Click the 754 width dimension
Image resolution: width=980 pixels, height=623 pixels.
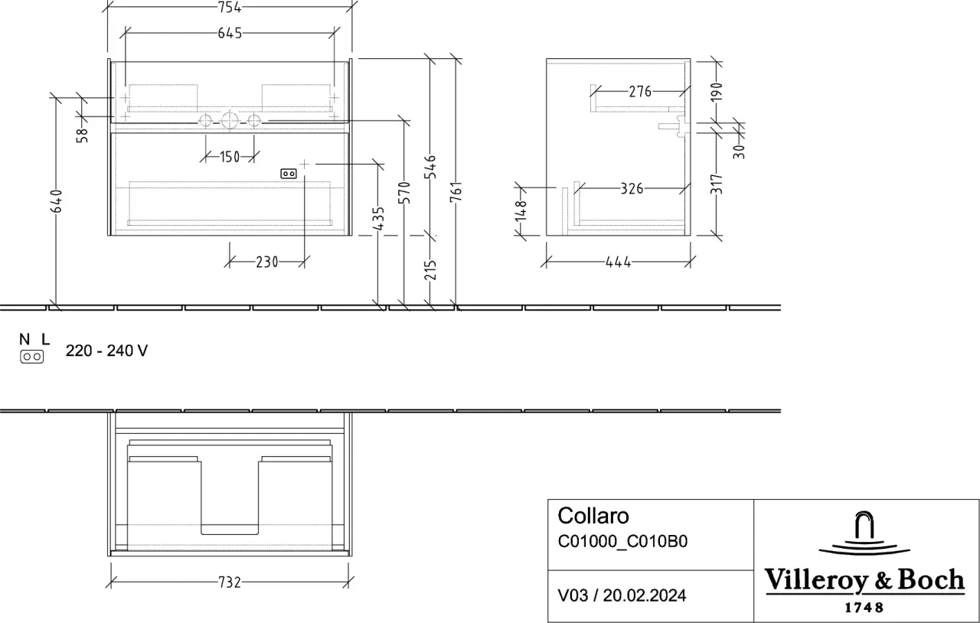(x=230, y=7)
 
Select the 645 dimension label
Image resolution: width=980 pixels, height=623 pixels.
(x=230, y=33)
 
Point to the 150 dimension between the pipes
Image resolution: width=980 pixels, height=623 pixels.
(x=230, y=157)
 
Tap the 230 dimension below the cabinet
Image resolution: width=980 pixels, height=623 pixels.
(x=267, y=262)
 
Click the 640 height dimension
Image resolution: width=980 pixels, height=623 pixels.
(x=57, y=201)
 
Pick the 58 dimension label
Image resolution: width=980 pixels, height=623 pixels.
(x=82, y=135)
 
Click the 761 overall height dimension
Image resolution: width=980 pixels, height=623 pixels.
(x=456, y=191)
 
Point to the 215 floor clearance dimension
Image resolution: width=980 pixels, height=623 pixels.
(x=430, y=270)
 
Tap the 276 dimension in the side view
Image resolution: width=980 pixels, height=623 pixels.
(x=640, y=92)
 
